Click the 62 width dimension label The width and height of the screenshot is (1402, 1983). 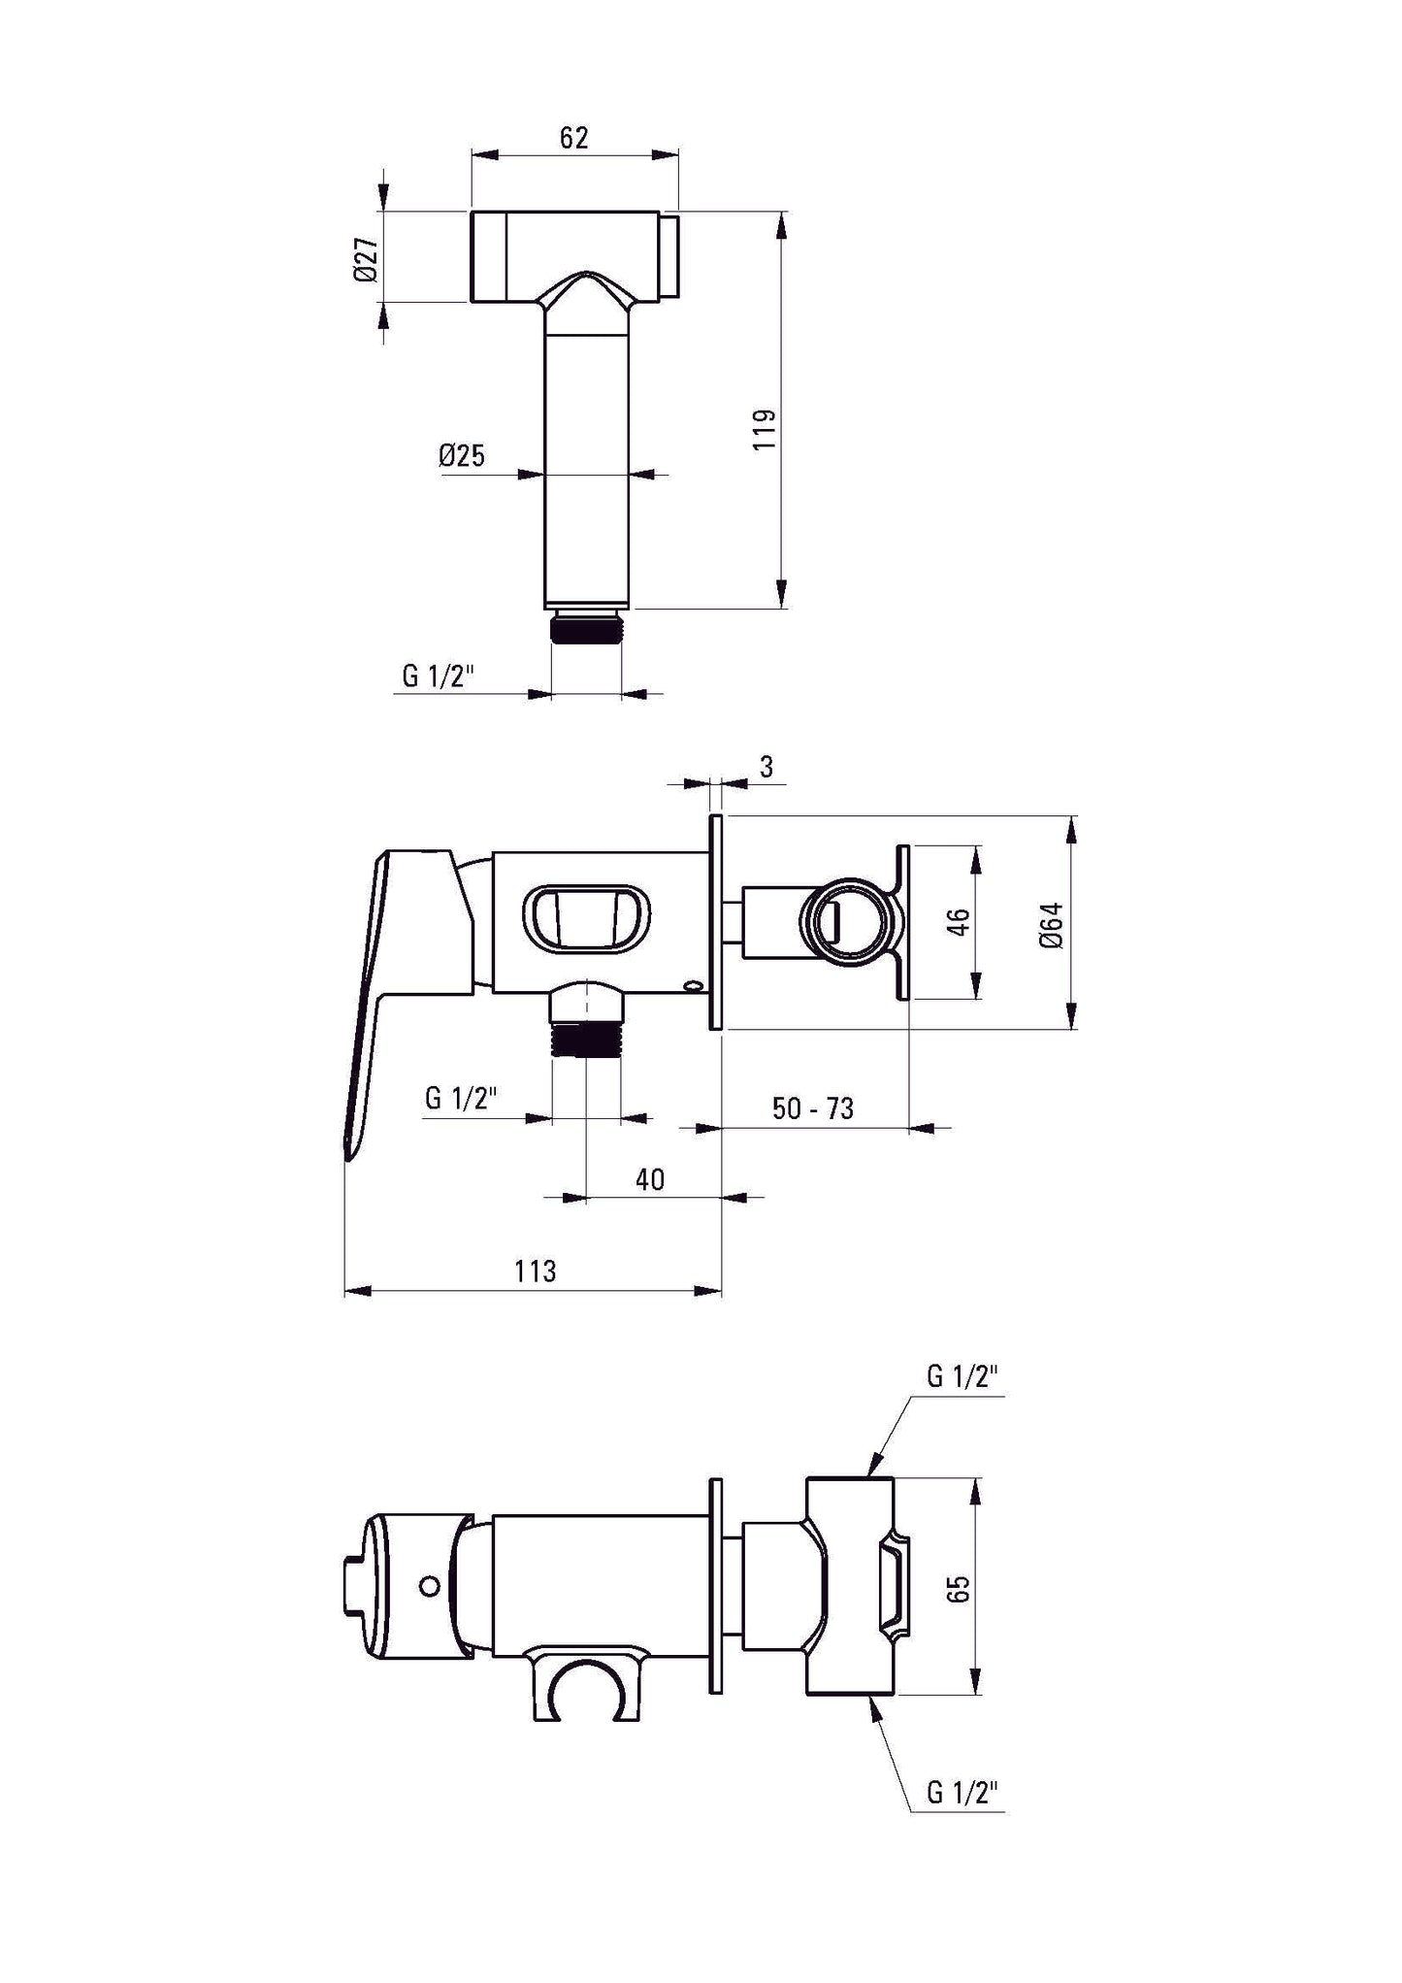(x=573, y=138)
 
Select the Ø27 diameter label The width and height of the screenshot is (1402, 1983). (x=365, y=259)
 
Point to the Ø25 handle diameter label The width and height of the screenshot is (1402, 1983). (x=462, y=455)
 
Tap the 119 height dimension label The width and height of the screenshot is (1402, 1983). (x=765, y=428)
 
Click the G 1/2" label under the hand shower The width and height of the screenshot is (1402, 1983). (x=439, y=676)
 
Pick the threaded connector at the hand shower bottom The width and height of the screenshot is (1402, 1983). (x=585, y=628)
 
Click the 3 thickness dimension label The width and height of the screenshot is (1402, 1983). (x=766, y=767)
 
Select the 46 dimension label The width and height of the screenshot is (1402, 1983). (x=958, y=921)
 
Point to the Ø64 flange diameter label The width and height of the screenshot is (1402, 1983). (x=1053, y=925)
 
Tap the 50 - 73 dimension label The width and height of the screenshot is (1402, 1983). (x=813, y=1108)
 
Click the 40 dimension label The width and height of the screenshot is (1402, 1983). (x=650, y=1179)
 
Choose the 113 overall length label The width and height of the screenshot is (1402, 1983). (x=535, y=1271)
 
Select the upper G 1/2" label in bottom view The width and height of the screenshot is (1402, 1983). (x=962, y=1376)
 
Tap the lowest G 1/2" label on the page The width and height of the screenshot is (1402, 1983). (x=962, y=1793)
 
